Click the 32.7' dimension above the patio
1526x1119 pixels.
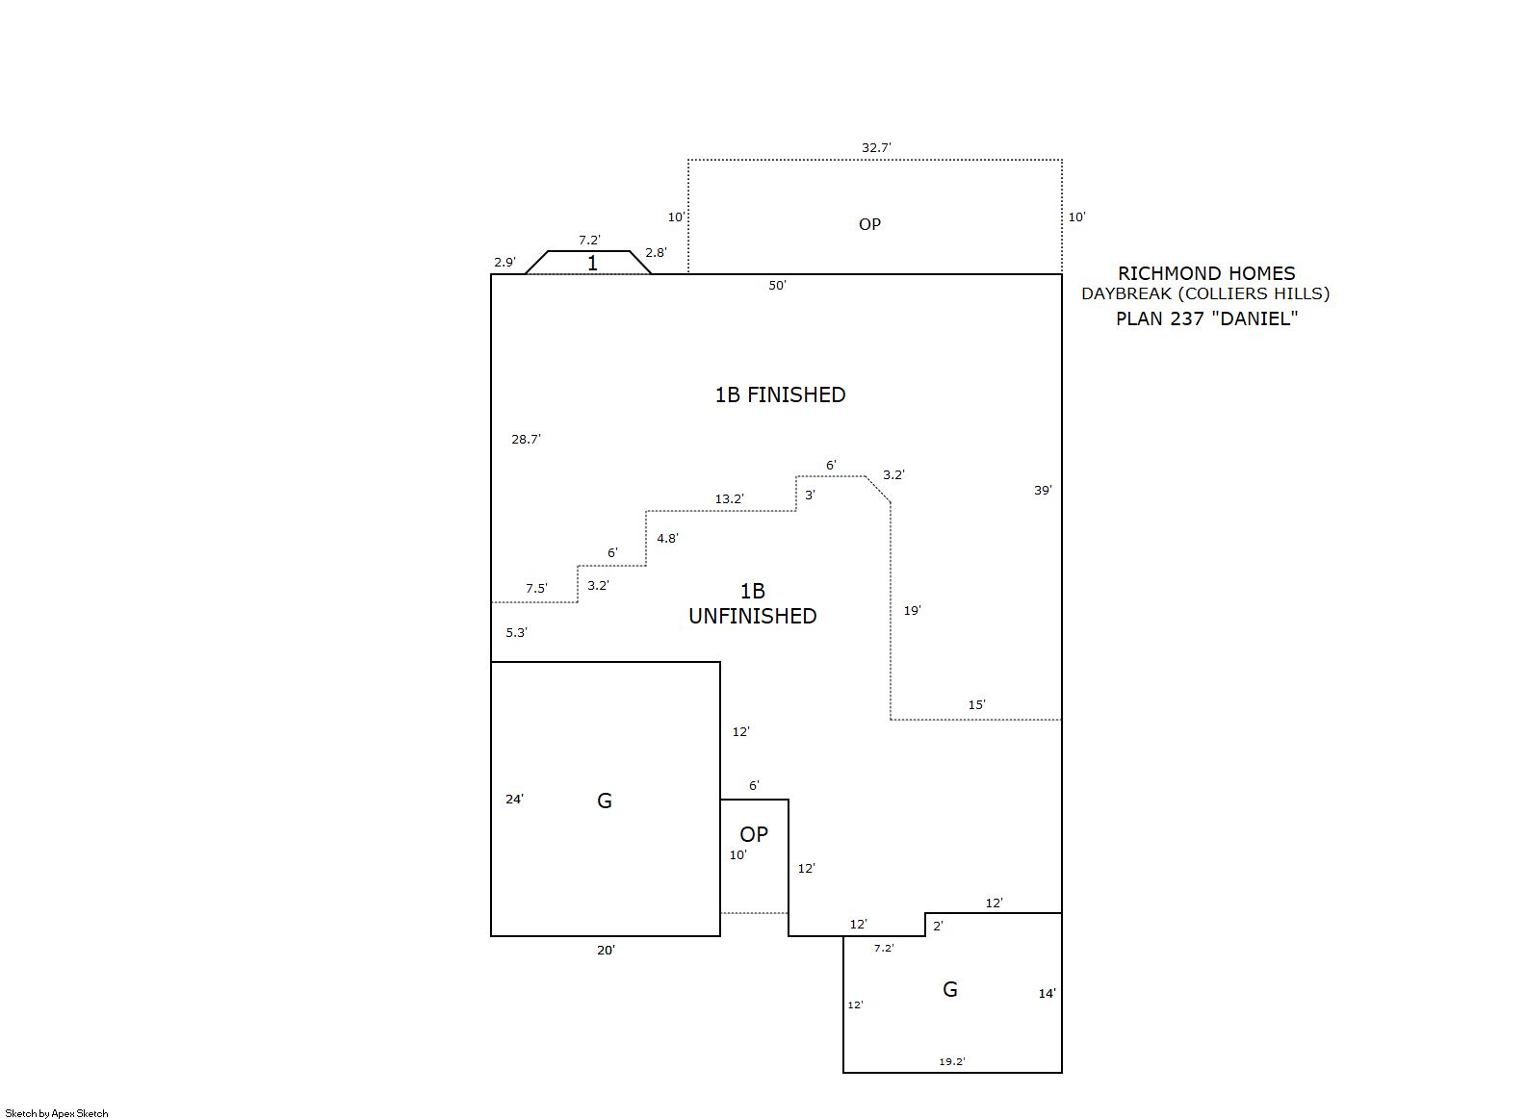(876, 148)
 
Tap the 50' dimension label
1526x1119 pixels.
(777, 285)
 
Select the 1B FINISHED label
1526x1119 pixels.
(780, 394)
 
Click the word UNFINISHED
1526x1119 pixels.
(752, 616)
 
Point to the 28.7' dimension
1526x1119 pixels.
(526, 440)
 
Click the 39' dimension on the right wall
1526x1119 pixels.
(1043, 490)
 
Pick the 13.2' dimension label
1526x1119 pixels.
(729, 499)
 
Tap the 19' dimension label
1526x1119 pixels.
(912, 611)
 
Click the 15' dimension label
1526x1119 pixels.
(977, 704)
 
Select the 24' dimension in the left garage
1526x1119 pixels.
(514, 800)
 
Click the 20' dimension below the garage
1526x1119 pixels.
(606, 951)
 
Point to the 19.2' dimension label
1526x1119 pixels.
(952, 1061)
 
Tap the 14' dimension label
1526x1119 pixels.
(1048, 994)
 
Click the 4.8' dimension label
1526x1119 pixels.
(667, 539)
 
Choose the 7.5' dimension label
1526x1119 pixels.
(536, 588)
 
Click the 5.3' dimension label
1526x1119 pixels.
(516, 632)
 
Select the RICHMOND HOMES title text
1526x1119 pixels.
(1206, 273)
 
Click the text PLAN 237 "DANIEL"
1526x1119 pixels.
(1206, 318)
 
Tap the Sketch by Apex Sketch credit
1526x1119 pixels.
(57, 1113)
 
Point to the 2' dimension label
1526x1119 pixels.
(938, 926)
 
